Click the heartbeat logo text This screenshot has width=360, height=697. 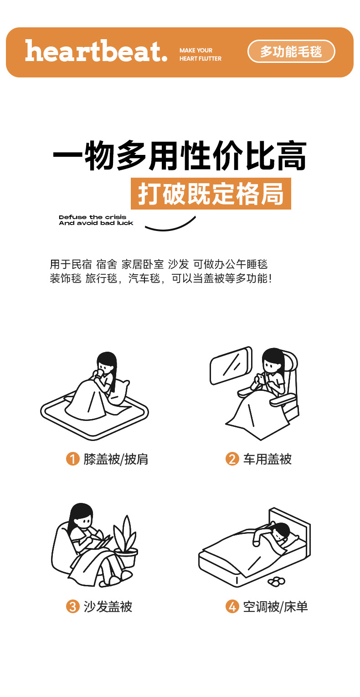96,51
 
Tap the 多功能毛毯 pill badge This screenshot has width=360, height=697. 291,51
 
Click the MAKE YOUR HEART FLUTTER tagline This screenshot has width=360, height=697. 201,55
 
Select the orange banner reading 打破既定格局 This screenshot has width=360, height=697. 211,194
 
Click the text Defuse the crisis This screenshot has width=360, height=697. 93,217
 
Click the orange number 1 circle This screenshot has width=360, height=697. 73,459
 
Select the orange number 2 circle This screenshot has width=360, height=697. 232,459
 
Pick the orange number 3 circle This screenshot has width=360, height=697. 73,607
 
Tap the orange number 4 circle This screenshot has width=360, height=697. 232,607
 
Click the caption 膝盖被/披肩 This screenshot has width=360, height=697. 116,459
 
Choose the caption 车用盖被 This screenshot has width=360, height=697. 267,459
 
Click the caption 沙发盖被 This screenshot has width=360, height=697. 108,607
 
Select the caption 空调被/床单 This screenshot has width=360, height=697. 275,607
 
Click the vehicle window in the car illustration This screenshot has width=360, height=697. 231,365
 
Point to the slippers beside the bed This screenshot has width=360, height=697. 276,581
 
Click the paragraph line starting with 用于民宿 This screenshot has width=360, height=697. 158,264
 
